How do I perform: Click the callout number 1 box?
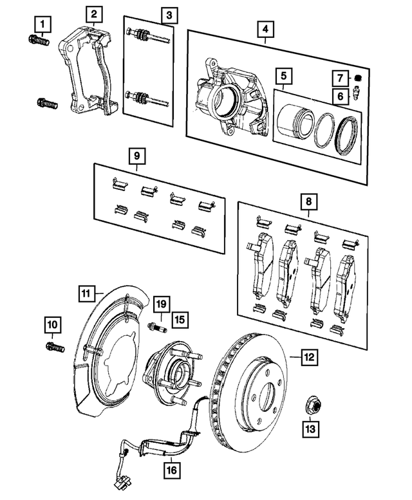click(42, 25)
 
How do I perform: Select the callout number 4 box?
click(265, 29)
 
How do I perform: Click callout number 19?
click(161, 302)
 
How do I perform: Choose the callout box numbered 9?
click(136, 155)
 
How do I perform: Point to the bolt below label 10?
click(53, 348)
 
